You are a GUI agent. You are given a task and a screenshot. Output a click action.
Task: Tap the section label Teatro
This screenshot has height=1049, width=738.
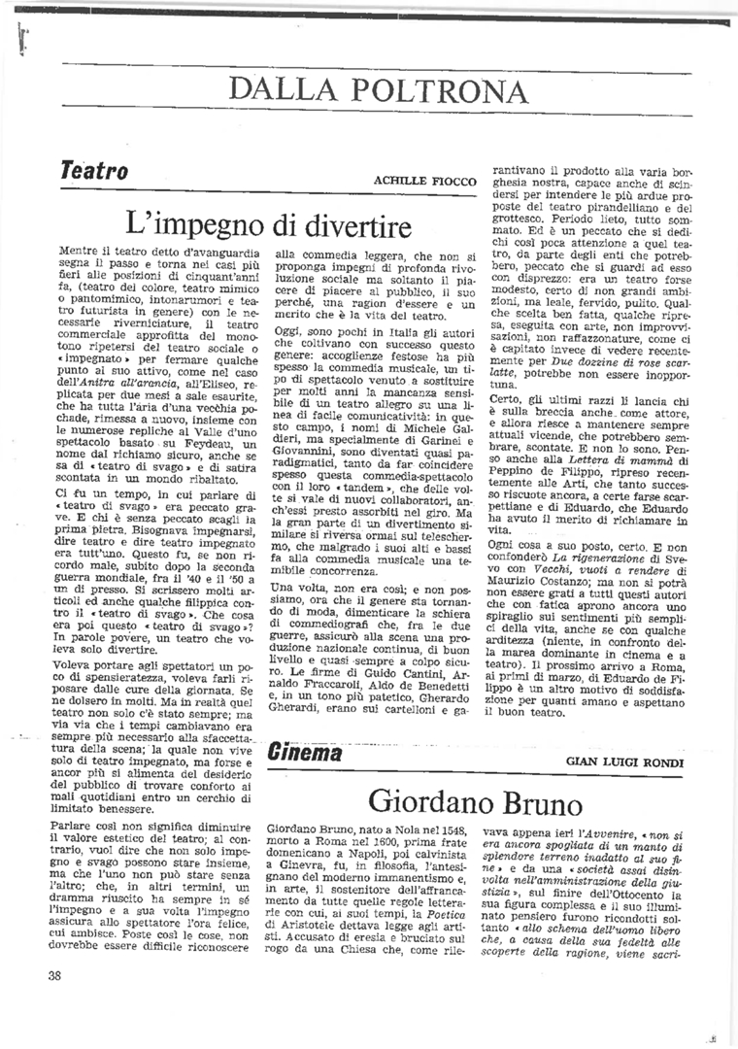(94, 171)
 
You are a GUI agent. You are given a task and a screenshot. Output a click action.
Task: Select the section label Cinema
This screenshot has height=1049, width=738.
(305, 753)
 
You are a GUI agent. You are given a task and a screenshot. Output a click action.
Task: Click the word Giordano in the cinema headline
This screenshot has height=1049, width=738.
(429, 802)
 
